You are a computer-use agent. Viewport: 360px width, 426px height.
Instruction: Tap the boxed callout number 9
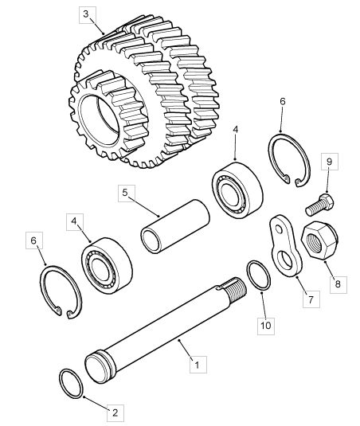click(x=330, y=162)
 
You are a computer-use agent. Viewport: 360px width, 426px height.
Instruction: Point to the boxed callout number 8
click(x=338, y=284)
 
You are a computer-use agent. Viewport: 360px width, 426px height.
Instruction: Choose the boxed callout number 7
click(x=311, y=299)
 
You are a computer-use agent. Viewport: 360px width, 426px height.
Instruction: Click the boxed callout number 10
click(x=266, y=326)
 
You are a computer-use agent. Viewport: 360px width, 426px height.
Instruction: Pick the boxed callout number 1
click(x=198, y=365)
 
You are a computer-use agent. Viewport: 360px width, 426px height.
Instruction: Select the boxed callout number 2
click(x=115, y=413)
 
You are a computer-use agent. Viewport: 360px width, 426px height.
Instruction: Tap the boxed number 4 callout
click(x=75, y=222)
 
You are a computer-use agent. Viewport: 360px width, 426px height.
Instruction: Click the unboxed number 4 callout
click(x=235, y=130)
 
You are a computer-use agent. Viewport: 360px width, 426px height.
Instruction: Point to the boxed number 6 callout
click(x=34, y=240)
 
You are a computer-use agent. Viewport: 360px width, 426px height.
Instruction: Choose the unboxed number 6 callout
click(x=283, y=102)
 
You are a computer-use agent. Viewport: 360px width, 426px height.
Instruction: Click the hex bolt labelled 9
click(x=319, y=205)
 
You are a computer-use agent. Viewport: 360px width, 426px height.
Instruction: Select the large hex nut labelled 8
click(x=320, y=240)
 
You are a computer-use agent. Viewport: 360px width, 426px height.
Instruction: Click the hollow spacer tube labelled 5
click(x=175, y=226)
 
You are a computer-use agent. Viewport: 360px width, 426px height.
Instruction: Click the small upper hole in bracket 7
click(x=279, y=229)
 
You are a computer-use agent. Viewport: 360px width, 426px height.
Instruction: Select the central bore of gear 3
click(x=100, y=119)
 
